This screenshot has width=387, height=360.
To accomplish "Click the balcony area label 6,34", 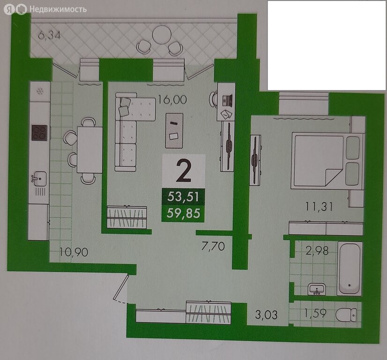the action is coord(49,36).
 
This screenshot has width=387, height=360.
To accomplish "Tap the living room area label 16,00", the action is coord(172,100).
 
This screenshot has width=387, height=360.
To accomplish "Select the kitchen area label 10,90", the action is coord(74,252).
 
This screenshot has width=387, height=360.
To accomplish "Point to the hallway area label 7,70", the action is coord(213,246).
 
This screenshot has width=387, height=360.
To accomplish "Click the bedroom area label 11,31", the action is coord(319,206).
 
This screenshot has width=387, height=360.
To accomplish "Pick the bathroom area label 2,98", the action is coord(317,251).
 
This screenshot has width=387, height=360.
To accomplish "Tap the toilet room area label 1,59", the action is coord(315,313).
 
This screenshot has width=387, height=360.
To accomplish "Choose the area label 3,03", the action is coord(266,315).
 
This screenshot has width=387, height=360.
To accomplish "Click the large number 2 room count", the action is coord(184,171).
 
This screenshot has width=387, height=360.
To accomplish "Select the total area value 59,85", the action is coord(183,213).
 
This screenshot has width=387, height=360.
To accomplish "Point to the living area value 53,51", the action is coord(183,197).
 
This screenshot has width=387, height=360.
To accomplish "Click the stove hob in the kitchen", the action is coord(39,133).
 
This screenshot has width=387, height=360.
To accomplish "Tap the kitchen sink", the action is coord(39,178).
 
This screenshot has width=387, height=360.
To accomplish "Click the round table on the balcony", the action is coord(162,35).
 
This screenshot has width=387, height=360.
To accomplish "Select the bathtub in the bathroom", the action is coord(350,269).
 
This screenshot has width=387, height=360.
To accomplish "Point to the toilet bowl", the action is coord(346,315).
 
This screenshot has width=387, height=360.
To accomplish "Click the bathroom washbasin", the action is coord(317,289).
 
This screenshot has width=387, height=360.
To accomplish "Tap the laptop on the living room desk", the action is coord(227,101).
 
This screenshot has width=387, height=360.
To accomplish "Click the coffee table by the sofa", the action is coord(174,131).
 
